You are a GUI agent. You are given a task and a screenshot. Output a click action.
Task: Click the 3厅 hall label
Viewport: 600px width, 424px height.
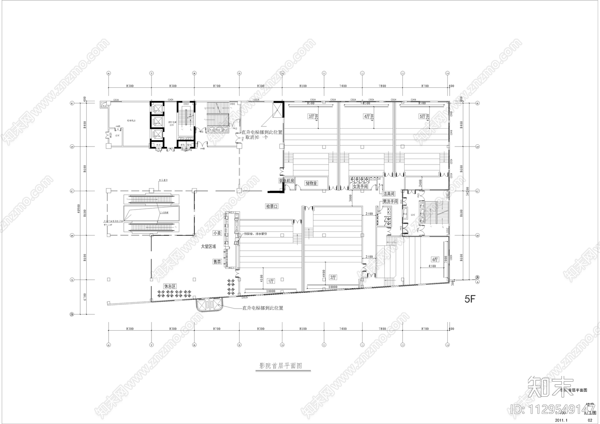[311, 117]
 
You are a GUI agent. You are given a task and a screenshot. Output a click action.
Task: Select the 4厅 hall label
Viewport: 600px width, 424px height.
[366, 117]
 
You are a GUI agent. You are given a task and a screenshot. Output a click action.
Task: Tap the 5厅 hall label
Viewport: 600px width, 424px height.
[422, 117]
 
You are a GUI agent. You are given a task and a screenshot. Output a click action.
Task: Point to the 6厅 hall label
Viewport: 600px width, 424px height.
[435, 259]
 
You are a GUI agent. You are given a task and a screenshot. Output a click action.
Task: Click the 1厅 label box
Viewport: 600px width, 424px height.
[271, 281]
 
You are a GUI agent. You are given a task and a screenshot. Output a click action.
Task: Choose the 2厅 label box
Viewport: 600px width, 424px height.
[333, 277]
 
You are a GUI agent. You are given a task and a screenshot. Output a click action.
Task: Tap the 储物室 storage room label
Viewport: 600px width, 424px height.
[311, 183]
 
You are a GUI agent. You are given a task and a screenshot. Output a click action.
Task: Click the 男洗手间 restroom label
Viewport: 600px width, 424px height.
[390, 202]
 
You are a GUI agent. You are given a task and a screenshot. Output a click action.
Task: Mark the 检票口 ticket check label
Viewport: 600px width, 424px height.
[272, 206]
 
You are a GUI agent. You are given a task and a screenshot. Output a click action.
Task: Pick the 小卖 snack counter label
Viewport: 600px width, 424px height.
[217, 233]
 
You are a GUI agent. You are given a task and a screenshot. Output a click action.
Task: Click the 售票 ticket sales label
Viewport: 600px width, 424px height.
[217, 262]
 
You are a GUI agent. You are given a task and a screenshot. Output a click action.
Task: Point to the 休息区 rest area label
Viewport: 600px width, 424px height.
[170, 286]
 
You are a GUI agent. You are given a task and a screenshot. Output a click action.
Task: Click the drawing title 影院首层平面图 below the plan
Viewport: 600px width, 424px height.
[281, 366]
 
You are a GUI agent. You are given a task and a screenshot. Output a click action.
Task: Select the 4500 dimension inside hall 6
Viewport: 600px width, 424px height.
[432, 266]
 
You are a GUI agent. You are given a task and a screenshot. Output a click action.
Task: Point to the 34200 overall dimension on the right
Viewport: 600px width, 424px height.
[467, 191]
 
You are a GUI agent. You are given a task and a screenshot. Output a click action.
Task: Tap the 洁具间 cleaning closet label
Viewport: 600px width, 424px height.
[389, 194]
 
